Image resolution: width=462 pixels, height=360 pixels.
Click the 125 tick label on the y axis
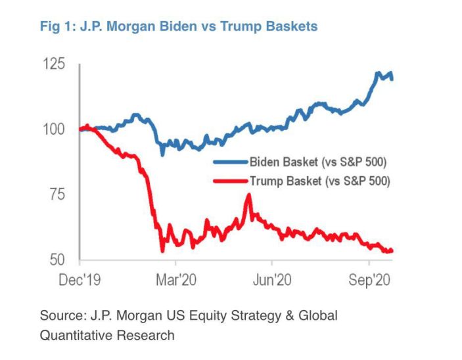click(55, 64)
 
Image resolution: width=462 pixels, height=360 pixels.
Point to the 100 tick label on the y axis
click(55, 129)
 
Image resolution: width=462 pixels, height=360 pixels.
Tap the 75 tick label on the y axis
click(57, 194)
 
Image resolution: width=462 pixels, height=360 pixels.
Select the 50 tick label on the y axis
click(57, 259)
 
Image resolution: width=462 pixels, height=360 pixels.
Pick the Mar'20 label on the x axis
click(177, 279)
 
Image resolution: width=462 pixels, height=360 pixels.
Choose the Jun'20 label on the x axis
click(273, 279)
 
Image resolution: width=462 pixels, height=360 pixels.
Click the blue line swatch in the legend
click(230, 161)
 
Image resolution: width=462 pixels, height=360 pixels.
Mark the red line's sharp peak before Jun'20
click(248, 194)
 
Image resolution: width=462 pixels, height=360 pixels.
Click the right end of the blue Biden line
click(392, 79)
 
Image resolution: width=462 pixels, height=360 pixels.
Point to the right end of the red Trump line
click(392, 250)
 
